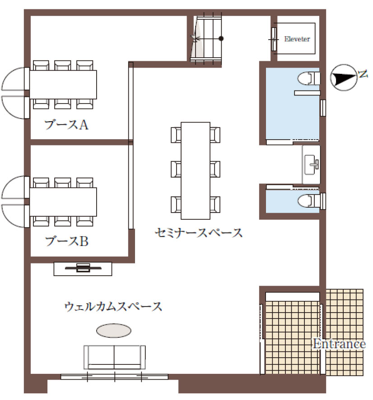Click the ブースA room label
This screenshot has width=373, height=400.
66,125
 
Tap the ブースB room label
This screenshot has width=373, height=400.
67,241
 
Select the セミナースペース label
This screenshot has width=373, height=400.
198,232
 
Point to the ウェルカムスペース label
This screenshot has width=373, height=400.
113,306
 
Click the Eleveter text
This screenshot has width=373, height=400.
297,39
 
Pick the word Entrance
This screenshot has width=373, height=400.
340,344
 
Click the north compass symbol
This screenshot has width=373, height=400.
343,77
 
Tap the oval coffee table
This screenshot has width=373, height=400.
114,331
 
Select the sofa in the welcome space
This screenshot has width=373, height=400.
115,357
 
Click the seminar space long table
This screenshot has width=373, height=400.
196,171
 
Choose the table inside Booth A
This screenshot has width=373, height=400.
63,85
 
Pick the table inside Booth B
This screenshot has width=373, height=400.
63,202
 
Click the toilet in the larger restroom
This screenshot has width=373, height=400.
309,78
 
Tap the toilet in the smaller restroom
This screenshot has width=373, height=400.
309,200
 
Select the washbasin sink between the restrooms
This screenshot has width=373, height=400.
311,165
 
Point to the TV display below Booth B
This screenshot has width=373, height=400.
83,268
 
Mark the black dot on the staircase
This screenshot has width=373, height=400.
221,39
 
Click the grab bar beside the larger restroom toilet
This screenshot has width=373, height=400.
307,93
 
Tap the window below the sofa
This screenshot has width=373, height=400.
114,377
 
